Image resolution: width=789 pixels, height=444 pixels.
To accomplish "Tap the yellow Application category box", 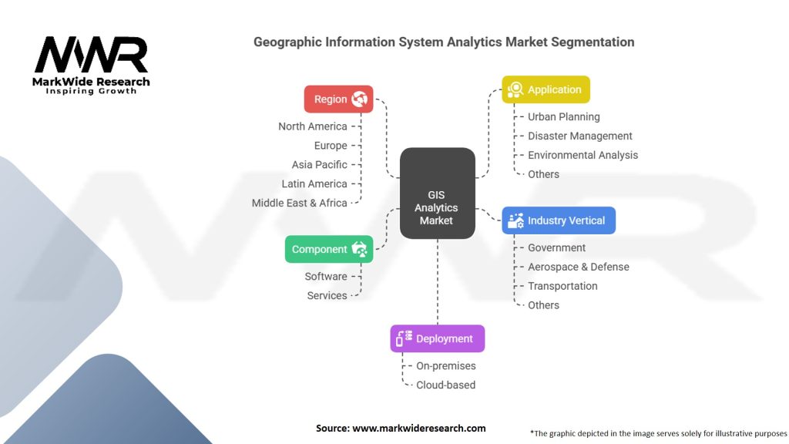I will [546, 89].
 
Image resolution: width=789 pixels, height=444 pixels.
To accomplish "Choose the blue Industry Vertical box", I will [559, 220].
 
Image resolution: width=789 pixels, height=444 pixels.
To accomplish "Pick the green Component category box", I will [329, 249].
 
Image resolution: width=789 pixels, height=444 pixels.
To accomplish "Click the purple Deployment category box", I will [437, 338].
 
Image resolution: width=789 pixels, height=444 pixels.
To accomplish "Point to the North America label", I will [313, 126].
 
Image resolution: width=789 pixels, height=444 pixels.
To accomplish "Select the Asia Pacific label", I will [319, 165].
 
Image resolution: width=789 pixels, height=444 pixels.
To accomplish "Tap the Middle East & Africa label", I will [299, 203].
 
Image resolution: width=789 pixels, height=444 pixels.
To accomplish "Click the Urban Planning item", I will [563, 117].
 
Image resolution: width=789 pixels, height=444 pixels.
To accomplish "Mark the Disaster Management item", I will [579, 136].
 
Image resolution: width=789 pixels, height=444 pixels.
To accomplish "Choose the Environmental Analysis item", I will [583, 155].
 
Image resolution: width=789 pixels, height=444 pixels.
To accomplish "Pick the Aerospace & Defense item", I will [578, 267].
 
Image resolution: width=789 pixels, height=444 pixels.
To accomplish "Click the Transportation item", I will [562, 286].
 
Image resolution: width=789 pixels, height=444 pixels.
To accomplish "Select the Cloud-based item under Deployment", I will [445, 385].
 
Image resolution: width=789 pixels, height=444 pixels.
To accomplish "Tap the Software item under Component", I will [326, 277].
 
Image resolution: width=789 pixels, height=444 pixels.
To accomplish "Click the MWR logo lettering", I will [91, 55].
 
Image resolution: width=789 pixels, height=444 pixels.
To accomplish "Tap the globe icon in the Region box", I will [360, 99].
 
